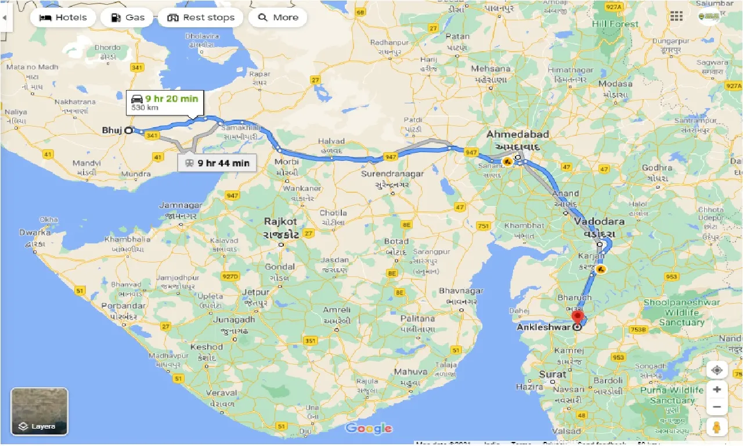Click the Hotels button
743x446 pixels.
point(63,17)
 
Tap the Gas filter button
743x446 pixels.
point(127,17)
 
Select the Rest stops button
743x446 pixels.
point(201,17)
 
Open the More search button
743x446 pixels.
point(277,17)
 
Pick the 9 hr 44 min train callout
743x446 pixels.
point(217,163)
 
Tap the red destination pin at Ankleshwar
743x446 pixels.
point(578,317)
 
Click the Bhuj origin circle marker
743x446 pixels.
point(128,130)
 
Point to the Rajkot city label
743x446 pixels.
point(280,221)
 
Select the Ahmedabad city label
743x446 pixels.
point(517,135)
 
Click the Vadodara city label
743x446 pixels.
point(600,222)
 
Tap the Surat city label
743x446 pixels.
point(552,374)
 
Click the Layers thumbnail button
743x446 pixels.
point(39,411)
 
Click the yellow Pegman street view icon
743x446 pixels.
point(717,427)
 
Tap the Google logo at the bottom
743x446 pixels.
point(369,429)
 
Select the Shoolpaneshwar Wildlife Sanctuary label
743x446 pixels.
point(681,312)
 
